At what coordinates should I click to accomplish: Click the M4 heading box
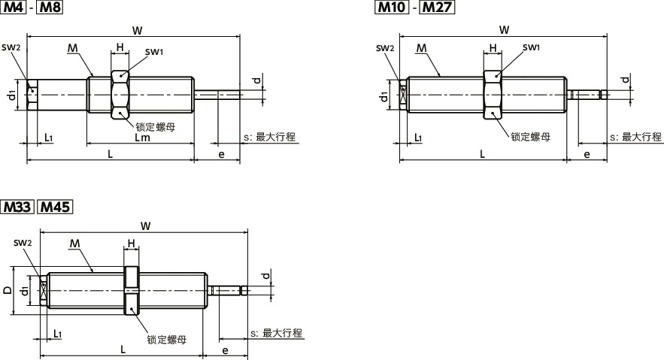pos(14,9)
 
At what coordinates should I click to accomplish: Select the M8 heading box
pos(50,9)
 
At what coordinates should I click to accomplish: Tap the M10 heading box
pos(391,9)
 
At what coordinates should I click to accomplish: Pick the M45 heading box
pos(53,207)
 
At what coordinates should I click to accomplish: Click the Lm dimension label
pos(142,138)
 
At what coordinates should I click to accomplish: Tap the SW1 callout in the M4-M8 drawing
pos(155,52)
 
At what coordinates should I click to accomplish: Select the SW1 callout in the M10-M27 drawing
pos(531,47)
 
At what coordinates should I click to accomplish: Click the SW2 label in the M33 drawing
pos(23,243)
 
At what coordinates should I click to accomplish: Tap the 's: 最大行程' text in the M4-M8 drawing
pos(268,138)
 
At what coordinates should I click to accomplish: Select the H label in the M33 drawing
pos(131,244)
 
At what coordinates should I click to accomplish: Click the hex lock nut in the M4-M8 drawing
pos(120,95)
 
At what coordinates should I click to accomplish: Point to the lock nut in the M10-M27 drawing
pos(493,95)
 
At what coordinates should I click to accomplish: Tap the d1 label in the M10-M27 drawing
pos(384,95)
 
